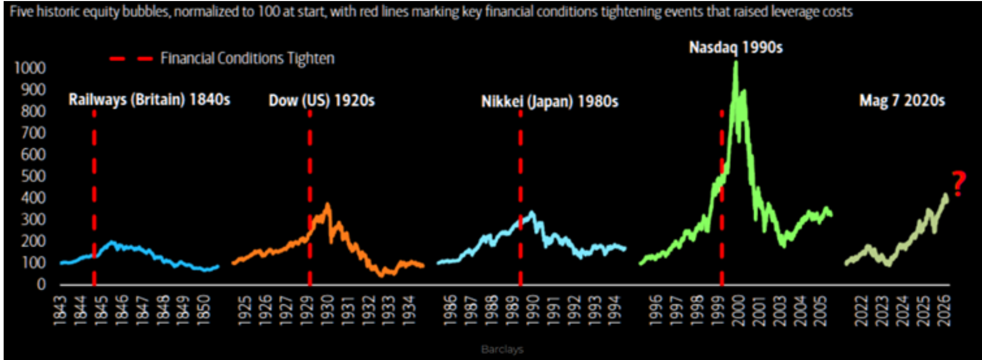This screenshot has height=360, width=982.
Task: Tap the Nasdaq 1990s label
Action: (x=735, y=48)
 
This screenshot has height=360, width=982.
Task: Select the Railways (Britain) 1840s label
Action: (x=149, y=99)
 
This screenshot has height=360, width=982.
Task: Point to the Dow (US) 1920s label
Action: (x=321, y=100)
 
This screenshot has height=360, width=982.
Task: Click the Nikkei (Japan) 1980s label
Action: (x=550, y=101)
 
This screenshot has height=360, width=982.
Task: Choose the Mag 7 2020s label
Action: (x=902, y=100)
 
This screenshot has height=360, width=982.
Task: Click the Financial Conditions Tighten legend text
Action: (x=248, y=58)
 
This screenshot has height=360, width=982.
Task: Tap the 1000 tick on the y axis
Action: (x=30, y=68)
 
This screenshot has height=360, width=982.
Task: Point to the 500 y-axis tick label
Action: (x=33, y=176)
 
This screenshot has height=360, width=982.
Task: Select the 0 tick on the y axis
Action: (x=41, y=285)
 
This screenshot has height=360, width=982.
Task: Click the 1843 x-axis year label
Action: (x=60, y=311)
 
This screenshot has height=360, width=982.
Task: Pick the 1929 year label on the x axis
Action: (x=307, y=311)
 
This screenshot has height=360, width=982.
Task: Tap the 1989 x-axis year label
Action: (x=512, y=311)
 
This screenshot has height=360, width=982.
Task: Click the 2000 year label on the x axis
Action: (x=739, y=311)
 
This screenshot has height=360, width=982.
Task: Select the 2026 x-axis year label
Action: (x=945, y=311)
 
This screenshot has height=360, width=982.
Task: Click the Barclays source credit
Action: (x=502, y=349)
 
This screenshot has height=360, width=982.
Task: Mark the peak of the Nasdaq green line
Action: (x=735, y=63)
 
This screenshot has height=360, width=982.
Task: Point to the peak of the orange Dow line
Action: (x=327, y=204)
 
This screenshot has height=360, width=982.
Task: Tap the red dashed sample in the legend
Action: (x=131, y=58)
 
